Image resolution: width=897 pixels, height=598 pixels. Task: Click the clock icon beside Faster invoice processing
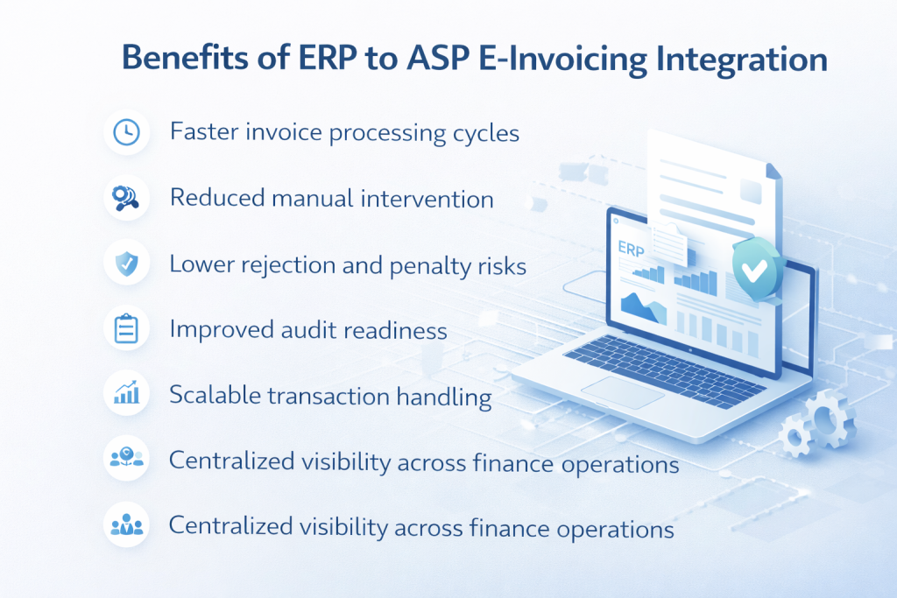pyautogui.click(x=126, y=132)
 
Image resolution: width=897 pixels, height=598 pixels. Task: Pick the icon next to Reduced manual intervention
pyautogui.click(x=125, y=198)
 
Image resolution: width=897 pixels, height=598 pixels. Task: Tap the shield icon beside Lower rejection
pyautogui.click(x=126, y=264)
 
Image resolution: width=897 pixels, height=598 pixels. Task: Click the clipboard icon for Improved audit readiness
pyautogui.click(x=126, y=328)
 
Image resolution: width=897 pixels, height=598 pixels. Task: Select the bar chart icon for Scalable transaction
pyautogui.click(x=126, y=393)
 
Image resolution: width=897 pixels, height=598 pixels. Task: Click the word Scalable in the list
pyautogui.click(x=215, y=395)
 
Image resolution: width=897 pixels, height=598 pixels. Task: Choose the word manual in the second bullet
pyautogui.click(x=313, y=199)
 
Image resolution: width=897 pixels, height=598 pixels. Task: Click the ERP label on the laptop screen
pyautogui.click(x=631, y=249)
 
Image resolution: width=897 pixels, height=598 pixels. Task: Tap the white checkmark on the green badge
pyautogui.click(x=754, y=270)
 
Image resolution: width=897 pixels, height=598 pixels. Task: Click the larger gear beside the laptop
pyautogui.click(x=828, y=419)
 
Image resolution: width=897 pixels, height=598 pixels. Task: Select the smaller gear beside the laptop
pyautogui.click(x=795, y=437)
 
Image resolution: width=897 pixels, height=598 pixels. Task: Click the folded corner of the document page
pyautogui.click(x=773, y=171)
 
